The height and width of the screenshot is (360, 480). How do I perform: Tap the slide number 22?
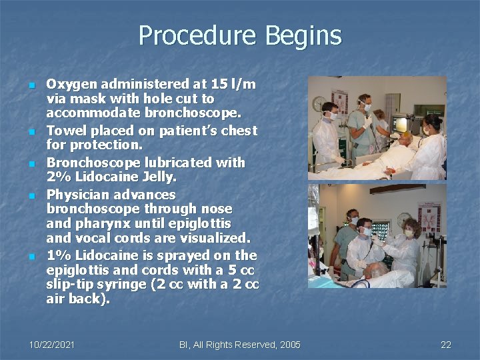tap(446, 345)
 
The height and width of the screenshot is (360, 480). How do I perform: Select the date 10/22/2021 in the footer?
tap(52, 345)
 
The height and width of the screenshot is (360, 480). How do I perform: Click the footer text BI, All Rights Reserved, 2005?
tap(240, 345)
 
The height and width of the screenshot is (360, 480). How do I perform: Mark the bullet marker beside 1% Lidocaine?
tap(31, 257)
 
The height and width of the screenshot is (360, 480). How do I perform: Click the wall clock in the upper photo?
tap(318, 103)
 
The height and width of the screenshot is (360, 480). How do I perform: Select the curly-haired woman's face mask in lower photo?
tap(409, 234)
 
